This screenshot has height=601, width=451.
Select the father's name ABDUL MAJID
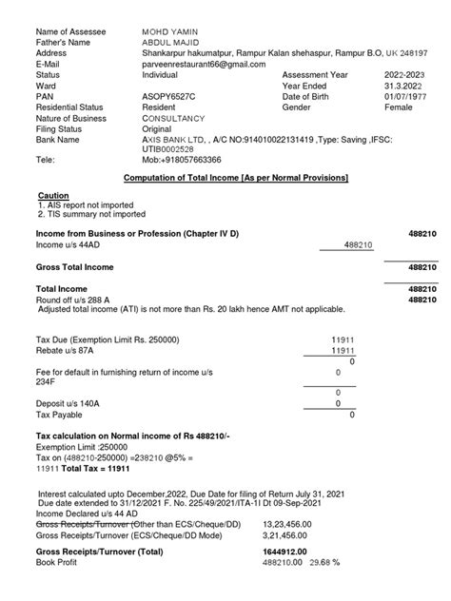(167, 43)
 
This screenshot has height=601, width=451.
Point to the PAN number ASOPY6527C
(168, 96)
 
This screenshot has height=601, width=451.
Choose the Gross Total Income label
(76, 267)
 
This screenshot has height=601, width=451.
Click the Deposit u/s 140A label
(68, 404)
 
